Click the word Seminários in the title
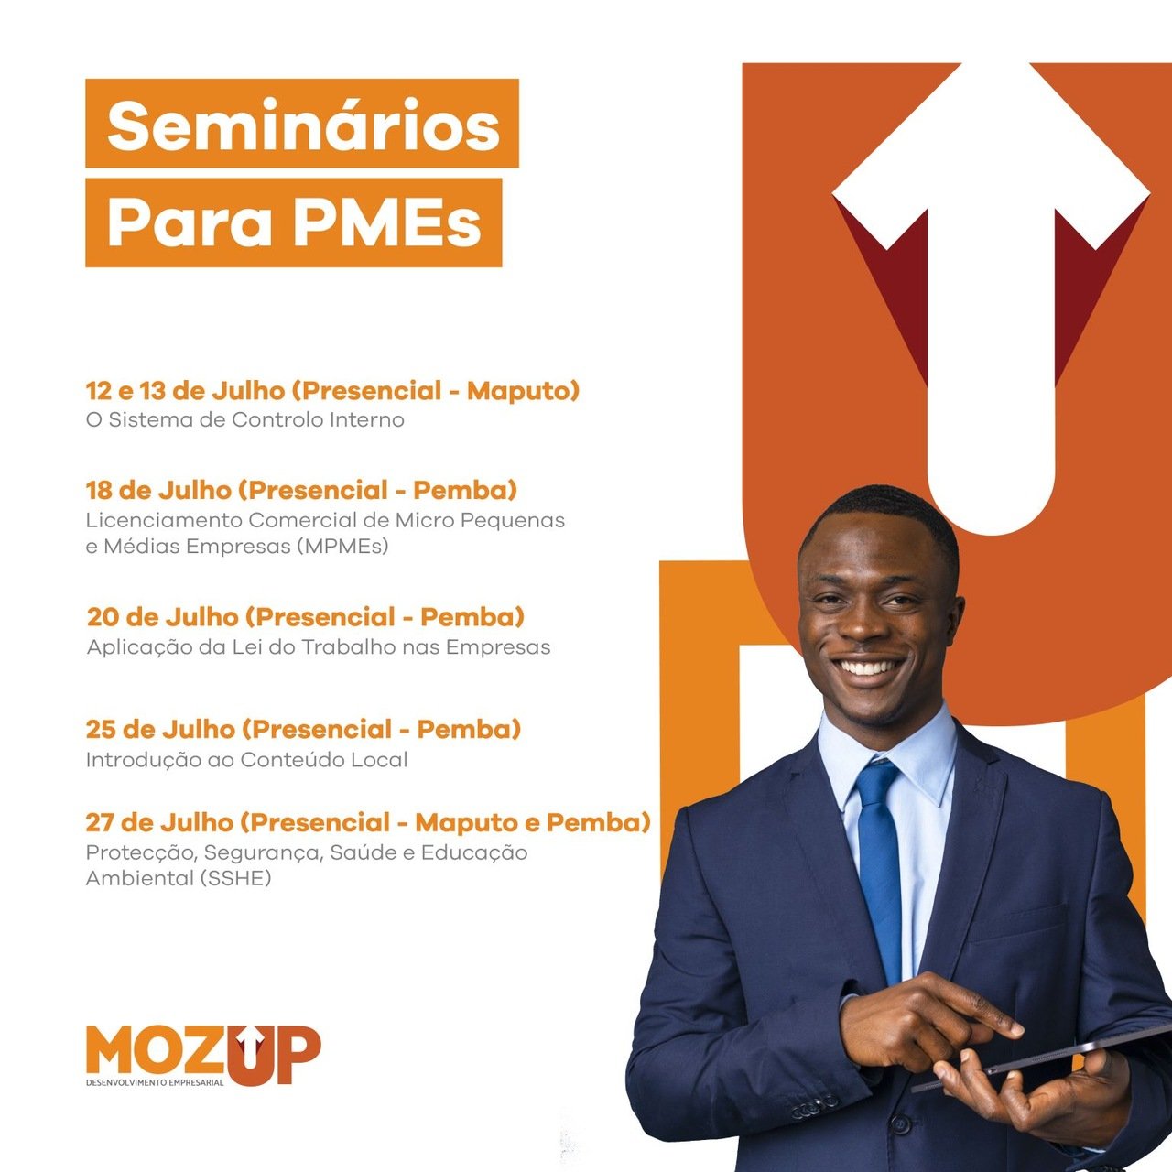point(303,126)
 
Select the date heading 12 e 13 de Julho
point(185,390)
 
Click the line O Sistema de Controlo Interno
point(245,419)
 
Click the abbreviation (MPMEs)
point(343,546)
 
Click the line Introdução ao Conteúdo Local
point(247,760)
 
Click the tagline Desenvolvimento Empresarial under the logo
point(155,1083)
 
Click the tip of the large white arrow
point(992,63)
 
